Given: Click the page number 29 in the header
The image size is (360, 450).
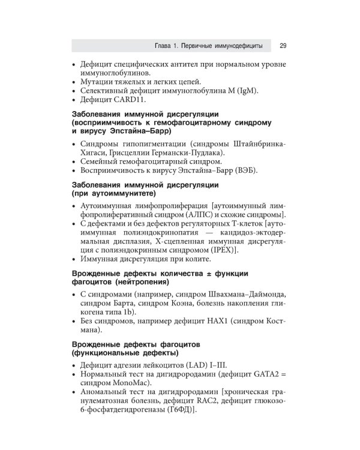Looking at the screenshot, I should [283, 46].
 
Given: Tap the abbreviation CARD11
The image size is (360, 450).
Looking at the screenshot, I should [125, 100].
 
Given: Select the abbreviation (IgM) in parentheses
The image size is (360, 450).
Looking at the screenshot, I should [243, 91].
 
